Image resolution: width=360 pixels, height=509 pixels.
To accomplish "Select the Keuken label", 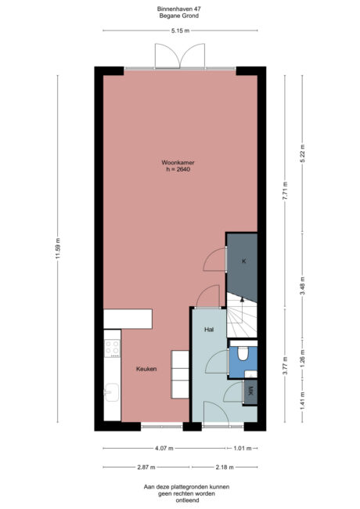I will [146, 369].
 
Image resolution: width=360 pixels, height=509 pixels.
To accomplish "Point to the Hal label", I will [209, 330].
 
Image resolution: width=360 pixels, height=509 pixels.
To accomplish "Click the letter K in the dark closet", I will [243, 262].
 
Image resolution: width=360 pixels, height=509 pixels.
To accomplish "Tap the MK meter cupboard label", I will [250, 392].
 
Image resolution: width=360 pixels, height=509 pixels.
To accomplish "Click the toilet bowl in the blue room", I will [244, 356].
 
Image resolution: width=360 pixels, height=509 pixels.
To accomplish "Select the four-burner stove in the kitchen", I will [112, 347].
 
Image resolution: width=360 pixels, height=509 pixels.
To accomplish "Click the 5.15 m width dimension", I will [180, 31].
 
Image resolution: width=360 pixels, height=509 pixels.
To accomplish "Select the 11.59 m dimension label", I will [58, 251].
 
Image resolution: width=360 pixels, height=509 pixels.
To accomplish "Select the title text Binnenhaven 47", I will [179, 9].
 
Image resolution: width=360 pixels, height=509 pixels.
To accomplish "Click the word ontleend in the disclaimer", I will [179, 499].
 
